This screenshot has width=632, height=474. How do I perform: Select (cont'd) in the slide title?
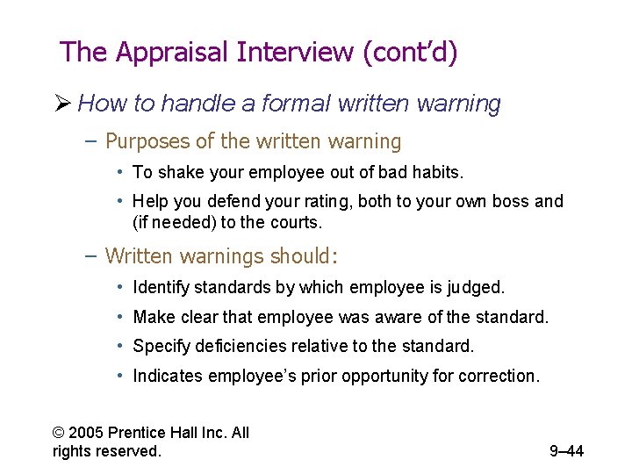coord(410,52)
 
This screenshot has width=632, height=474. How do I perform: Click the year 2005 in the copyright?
coord(90,433)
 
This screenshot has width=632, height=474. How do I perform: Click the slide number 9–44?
coord(566,451)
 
